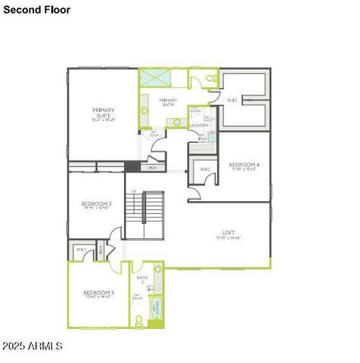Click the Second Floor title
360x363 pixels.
click(36, 10)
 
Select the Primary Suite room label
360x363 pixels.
click(103, 114)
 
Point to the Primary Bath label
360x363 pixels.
click(168, 102)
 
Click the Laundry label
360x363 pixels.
click(198, 126)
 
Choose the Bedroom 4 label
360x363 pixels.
click(244, 166)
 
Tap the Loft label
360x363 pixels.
click(228, 234)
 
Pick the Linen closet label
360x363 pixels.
click(153, 167)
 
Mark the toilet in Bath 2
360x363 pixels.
click(139, 320)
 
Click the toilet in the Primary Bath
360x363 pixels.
click(211, 79)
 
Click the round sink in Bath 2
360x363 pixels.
click(157, 269)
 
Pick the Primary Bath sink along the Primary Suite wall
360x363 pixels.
click(144, 111)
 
